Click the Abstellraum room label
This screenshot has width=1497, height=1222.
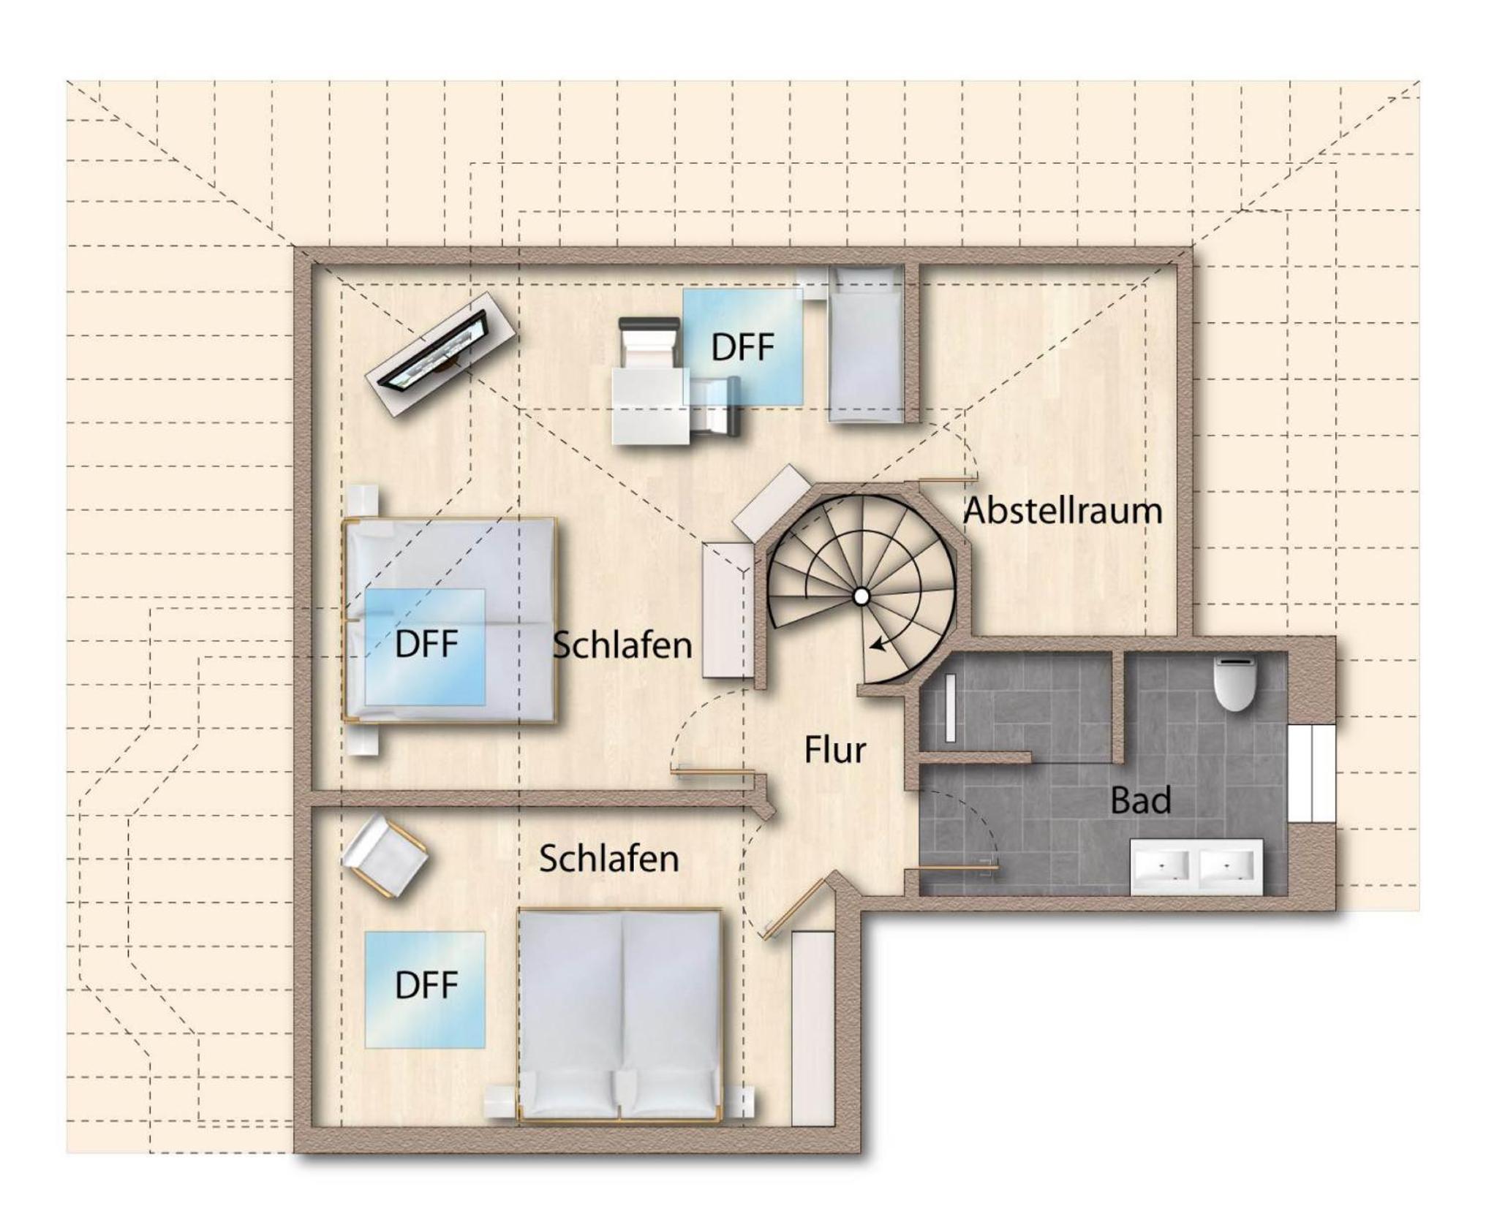1062,510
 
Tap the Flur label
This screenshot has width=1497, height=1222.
835,750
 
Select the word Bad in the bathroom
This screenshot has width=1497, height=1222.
1140,800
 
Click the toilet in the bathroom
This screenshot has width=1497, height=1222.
1234,683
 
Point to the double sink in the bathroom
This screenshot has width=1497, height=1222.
1196,866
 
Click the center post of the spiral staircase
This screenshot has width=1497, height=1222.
861,597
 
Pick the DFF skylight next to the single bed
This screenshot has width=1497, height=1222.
743,346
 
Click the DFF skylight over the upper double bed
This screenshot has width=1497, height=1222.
425,646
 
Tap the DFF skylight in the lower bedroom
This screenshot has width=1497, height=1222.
425,989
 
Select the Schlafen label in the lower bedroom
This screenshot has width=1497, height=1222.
608,859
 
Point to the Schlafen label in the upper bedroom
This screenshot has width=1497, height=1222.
622,645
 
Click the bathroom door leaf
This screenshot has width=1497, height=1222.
951,868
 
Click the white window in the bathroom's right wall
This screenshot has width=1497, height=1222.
1312,773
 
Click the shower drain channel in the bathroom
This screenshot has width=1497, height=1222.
950,708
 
